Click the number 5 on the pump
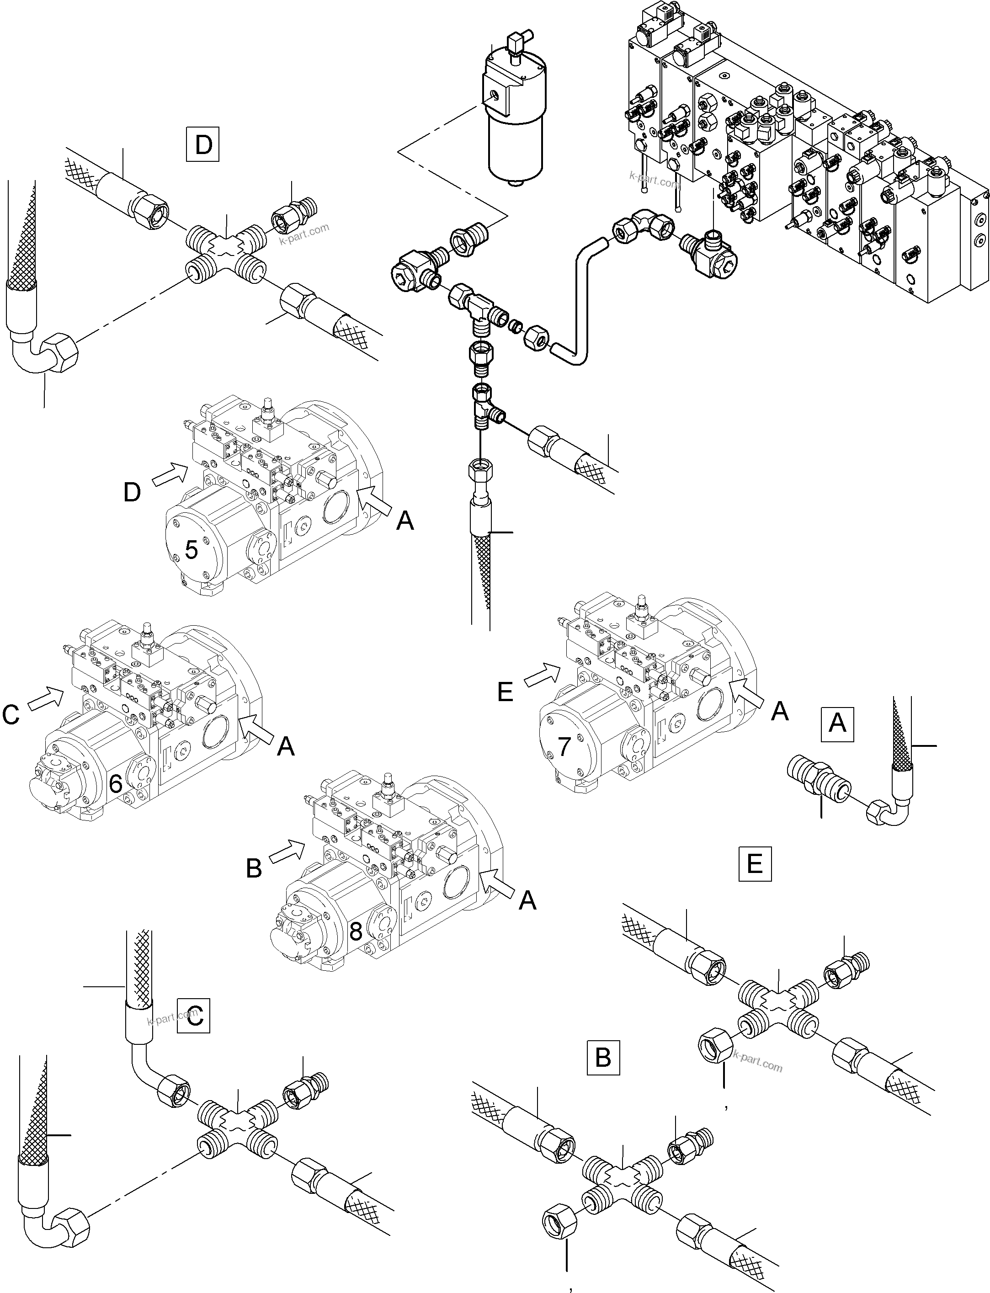pos(191,549)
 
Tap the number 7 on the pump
pos(564,746)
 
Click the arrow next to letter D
pos(167,474)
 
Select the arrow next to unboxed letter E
pos(542,674)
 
